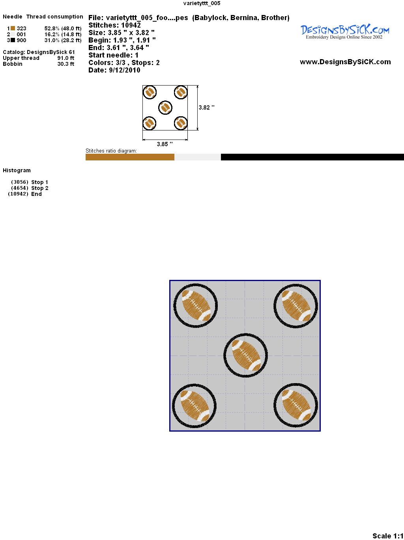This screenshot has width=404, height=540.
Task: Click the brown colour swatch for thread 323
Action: pyautogui.click(x=13, y=28)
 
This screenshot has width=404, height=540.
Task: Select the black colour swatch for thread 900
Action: pyautogui.click(x=13, y=40)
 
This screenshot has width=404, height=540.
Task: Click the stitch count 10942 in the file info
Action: pyautogui.click(x=131, y=25)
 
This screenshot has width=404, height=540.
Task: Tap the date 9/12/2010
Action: pyautogui.click(x=125, y=70)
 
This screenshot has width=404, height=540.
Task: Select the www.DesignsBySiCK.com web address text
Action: pyautogui.click(x=345, y=62)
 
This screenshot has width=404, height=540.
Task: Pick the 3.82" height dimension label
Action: pyautogui.click(x=206, y=108)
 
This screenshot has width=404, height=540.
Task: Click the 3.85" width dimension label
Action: pyautogui.click(x=165, y=144)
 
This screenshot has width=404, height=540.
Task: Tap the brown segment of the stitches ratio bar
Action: pyautogui.click(x=130, y=157)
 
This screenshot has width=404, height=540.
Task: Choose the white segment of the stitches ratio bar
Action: pyautogui.click(x=198, y=157)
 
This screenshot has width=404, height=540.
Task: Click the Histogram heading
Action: pyautogui.click(x=17, y=170)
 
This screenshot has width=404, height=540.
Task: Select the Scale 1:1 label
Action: pyautogui.click(x=388, y=536)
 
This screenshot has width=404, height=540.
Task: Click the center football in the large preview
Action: pyautogui.click(x=246, y=355)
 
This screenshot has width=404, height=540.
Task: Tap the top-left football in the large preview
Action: pyautogui.click(x=196, y=305)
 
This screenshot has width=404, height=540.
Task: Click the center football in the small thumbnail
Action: pyautogui.click(x=165, y=108)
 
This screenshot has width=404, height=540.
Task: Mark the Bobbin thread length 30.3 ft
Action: pyautogui.click(x=66, y=64)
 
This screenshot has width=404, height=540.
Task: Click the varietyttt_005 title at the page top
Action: pyautogui.click(x=202, y=3)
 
